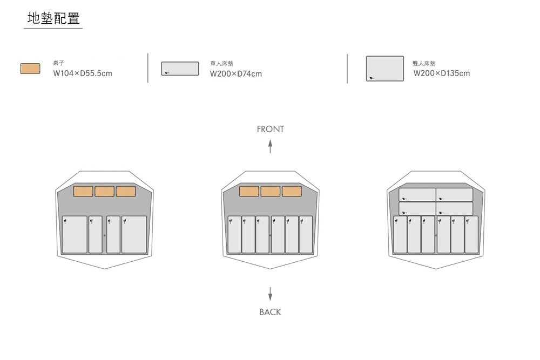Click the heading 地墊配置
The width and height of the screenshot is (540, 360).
coord(53,18)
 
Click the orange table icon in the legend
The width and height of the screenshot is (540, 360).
coord(30,69)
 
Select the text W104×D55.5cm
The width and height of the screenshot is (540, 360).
coord(83,73)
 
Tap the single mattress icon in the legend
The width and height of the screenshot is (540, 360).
coord(180,69)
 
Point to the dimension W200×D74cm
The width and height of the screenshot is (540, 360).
coord(236,73)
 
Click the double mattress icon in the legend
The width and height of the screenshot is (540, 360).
coord(384,69)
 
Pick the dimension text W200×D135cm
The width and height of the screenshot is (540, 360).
coord(442,73)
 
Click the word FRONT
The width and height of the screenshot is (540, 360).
coord(271,129)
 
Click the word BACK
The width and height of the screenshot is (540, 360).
coord(270,312)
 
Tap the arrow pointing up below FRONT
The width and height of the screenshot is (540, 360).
coord(271,146)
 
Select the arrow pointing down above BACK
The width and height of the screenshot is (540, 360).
coord(270,294)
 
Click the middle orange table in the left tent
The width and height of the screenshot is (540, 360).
coord(104,192)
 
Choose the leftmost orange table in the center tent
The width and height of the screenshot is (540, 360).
coord(249,192)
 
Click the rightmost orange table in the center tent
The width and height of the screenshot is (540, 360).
coord(292,192)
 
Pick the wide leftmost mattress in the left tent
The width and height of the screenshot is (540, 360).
coord(75,235)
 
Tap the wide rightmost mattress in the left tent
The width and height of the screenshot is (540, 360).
coord(134,235)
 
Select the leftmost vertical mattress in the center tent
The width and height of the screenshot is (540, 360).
coord(234,235)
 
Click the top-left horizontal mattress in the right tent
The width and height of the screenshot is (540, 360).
coord(417,195)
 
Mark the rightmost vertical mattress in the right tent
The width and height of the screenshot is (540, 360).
coord(471,235)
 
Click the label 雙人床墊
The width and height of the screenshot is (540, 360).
coord(424,63)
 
